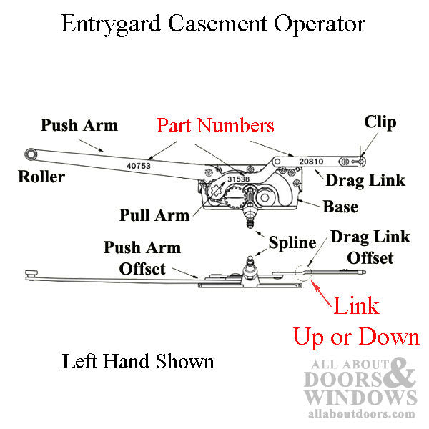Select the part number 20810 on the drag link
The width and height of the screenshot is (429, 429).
[311, 162]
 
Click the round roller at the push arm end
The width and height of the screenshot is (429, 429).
[31, 154]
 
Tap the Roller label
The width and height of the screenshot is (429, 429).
[41, 177]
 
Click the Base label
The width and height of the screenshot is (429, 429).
[340, 207]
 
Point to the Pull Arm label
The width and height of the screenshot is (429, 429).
[155, 214]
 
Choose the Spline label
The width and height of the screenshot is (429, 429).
[292, 242]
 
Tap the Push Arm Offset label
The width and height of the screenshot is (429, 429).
[142, 258]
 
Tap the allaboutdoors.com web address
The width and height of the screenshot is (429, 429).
[360, 414]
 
